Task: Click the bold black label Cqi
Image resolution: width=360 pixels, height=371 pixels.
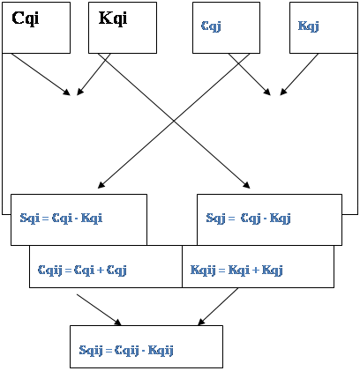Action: coord(26,19)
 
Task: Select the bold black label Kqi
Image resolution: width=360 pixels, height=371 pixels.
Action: coord(113,19)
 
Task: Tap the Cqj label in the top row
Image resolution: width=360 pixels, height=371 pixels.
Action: coord(211,26)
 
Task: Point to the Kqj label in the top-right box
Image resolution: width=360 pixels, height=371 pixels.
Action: coord(308,26)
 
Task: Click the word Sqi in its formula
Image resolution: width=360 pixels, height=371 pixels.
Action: coord(29,219)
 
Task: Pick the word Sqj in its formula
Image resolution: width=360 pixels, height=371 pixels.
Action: coord(215,219)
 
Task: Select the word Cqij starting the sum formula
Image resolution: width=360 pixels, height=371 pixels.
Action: coord(50,270)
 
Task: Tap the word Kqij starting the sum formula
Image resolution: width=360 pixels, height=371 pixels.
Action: coord(203,270)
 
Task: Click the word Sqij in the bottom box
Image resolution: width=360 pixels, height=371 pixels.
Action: coord(91,351)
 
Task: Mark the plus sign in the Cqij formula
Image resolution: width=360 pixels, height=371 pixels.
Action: coord(101,271)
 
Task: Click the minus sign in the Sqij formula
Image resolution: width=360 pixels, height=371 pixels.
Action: coord(143,351)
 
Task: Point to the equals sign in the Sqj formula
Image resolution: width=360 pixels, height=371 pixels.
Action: coord(231,219)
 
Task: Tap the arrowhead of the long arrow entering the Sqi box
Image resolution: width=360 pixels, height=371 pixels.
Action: coord(101,185)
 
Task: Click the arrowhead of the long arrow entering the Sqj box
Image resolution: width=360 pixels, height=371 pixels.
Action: coord(247,185)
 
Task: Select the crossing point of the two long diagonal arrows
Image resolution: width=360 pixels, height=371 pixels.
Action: coord(174,121)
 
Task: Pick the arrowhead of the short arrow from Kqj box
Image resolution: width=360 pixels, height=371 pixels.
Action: coord(282,93)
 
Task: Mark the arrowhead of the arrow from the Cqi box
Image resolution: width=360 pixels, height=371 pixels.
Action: coord(67,93)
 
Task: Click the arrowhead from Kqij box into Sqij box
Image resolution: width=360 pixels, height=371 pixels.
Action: coord(201,322)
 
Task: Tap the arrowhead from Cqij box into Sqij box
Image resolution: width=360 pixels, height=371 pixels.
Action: coord(117,323)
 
